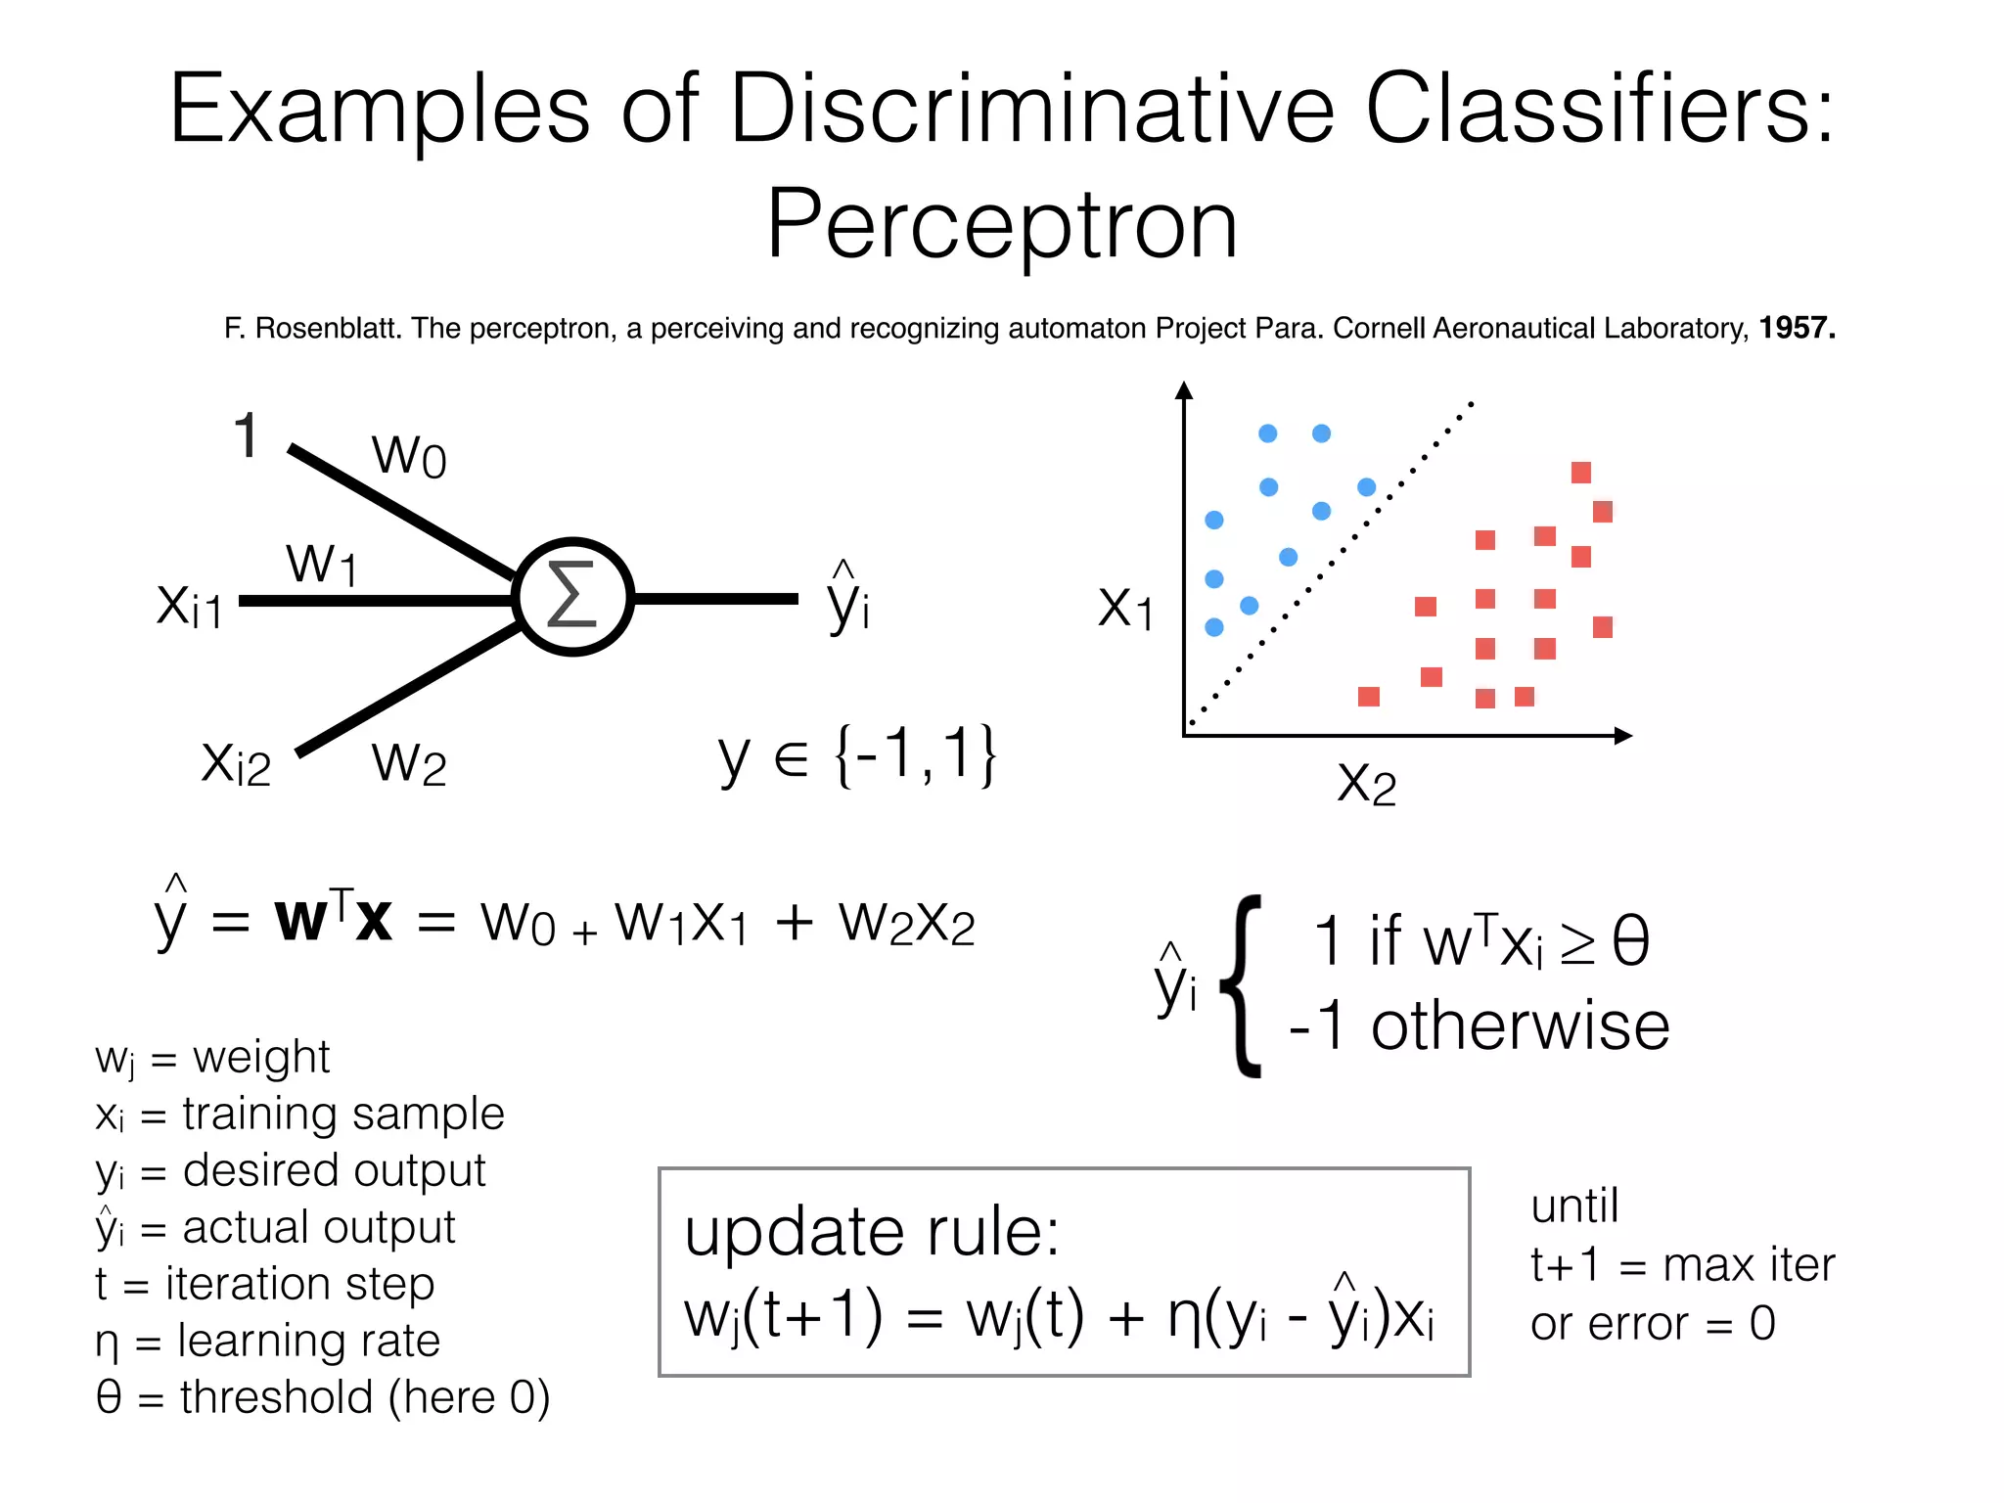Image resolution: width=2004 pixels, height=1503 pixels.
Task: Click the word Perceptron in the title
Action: (1002, 225)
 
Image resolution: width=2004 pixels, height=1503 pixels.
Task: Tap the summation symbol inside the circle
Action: (572, 595)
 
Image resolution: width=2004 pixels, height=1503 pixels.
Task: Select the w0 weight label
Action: (409, 455)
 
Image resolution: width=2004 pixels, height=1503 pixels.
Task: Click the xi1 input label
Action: (190, 605)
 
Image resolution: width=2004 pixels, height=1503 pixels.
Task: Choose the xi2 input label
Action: (236, 763)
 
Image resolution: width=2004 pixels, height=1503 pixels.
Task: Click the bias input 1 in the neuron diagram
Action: (247, 435)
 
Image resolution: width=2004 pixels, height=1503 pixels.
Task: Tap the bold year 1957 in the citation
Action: (1797, 328)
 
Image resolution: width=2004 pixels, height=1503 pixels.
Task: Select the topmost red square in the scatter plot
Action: (1581, 473)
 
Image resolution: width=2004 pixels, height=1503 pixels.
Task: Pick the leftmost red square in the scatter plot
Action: (1369, 697)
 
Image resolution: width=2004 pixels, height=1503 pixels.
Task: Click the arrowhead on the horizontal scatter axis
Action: (1623, 736)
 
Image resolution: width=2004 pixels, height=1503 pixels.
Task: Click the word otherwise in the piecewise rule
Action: (1520, 1027)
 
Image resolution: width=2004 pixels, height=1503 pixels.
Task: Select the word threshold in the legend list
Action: (277, 1397)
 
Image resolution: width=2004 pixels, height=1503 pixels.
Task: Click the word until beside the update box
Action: (1574, 1207)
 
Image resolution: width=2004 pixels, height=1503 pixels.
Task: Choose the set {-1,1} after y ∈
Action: (915, 755)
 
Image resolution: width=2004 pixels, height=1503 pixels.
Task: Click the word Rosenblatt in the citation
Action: (329, 329)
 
